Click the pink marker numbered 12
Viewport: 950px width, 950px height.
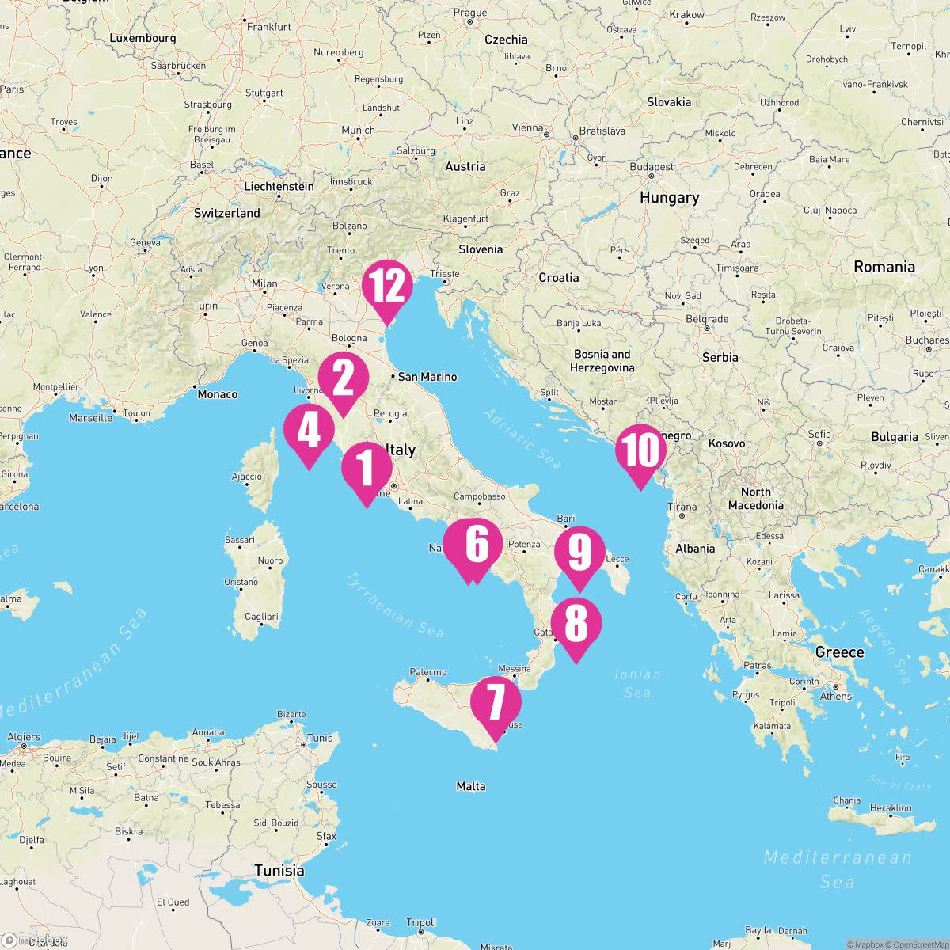click(387, 287)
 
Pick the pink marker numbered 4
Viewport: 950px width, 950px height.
click(308, 431)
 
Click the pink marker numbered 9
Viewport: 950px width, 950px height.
click(579, 553)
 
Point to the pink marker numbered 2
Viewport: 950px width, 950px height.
click(344, 379)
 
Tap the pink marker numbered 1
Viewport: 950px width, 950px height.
click(367, 468)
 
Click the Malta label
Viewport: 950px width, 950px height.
click(471, 786)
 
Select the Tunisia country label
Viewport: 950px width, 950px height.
click(279, 871)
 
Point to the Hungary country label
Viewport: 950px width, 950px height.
click(669, 198)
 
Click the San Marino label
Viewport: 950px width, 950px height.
click(427, 377)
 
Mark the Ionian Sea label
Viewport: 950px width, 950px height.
click(637, 683)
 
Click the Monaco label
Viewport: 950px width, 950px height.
click(217, 393)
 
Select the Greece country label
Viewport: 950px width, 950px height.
click(839, 652)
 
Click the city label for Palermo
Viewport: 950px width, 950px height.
click(428, 672)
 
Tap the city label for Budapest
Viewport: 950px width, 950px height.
click(652, 167)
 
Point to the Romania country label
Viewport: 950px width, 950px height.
click(883, 267)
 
